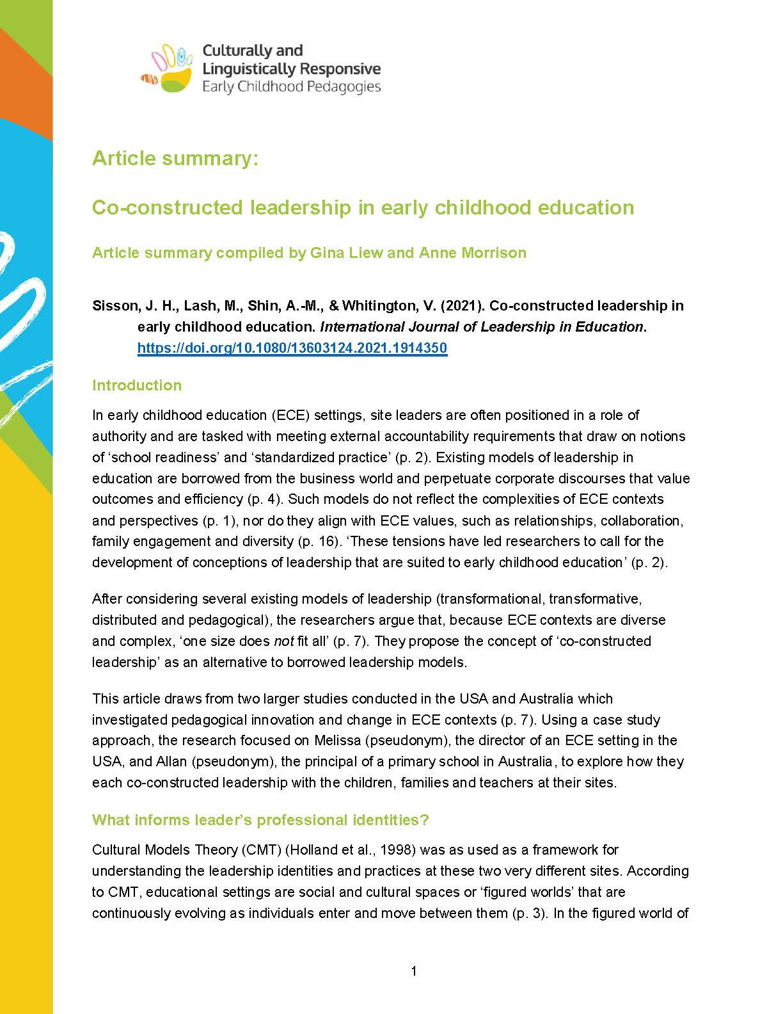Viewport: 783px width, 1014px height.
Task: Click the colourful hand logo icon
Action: pyautogui.click(x=167, y=68)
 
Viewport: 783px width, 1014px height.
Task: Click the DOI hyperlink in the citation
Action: pyautogui.click(x=292, y=348)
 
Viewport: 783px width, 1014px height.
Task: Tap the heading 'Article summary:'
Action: pyautogui.click(x=175, y=158)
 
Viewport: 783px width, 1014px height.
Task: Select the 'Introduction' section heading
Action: pyautogui.click(x=137, y=385)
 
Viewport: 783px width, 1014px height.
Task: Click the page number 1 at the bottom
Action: pyautogui.click(x=414, y=971)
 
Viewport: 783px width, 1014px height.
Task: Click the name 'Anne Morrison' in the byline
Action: pyautogui.click(x=472, y=253)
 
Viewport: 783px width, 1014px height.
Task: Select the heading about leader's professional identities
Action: pyautogui.click(x=260, y=820)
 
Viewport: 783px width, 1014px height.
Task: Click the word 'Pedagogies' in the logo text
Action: pyautogui.click(x=344, y=86)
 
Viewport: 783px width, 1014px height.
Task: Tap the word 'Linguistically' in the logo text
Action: pyautogui.click(x=249, y=68)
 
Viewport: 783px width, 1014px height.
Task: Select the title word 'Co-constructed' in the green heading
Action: pyautogui.click(x=168, y=208)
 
